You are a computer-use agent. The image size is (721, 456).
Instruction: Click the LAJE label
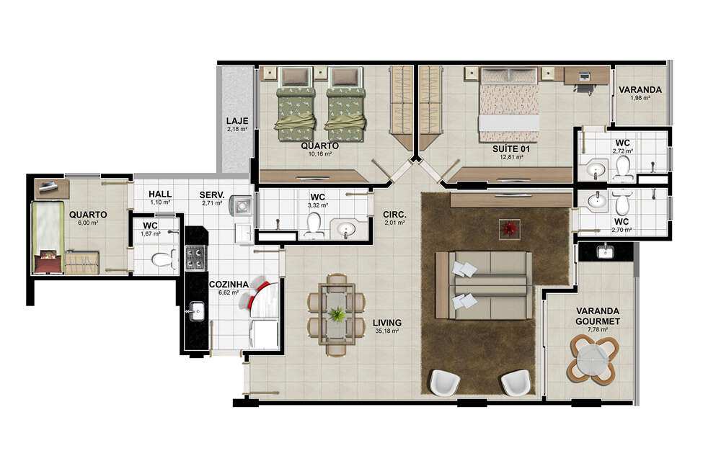(237, 121)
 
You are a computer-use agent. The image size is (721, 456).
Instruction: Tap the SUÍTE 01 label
(511, 149)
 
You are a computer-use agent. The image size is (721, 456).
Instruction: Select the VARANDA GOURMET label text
(598, 316)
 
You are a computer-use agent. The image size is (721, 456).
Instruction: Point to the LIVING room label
(387, 323)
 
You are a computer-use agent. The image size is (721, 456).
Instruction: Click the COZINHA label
(229, 285)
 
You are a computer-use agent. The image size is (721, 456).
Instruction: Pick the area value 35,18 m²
(386, 331)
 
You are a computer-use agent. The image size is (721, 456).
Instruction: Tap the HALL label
(160, 195)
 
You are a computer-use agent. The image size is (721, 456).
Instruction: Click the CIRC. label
(394, 215)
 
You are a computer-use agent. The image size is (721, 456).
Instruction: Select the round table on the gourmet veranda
(593, 359)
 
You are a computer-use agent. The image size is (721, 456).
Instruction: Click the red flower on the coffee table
(510, 228)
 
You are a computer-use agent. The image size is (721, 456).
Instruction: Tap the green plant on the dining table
(337, 315)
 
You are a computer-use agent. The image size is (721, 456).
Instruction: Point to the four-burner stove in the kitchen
(195, 258)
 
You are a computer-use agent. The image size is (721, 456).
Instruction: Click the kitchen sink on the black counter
(197, 311)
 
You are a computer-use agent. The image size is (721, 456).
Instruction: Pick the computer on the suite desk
(585, 76)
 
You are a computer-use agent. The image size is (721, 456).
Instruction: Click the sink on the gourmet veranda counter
(605, 251)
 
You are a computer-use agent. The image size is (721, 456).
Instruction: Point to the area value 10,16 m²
(320, 154)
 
